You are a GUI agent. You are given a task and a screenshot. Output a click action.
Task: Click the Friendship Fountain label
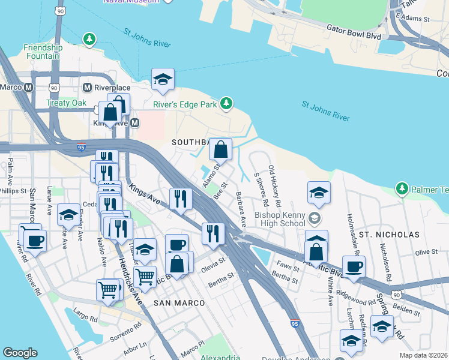[43, 52]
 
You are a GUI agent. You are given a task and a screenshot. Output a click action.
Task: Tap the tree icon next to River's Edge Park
[226, 104]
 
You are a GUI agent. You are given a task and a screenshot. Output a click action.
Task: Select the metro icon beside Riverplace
[88, 87]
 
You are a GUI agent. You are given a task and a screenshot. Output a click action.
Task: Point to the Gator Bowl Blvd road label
[354, 28]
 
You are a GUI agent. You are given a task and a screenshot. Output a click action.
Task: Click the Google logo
[20, 353]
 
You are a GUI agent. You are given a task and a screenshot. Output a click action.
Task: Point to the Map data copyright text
[423, 355]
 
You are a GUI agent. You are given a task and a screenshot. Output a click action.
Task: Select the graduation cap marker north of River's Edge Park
[163, 80]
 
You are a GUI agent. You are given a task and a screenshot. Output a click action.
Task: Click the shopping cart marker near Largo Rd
[108, 290]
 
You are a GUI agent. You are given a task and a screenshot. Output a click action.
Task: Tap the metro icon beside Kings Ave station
[135, 122]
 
